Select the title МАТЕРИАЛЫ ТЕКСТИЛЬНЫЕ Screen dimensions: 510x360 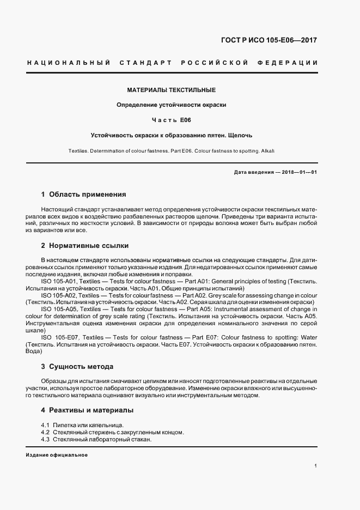(172, 89)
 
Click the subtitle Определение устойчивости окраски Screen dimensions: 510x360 (172, 104)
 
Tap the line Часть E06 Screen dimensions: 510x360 (172, 119)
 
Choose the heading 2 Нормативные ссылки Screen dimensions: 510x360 (84, 246)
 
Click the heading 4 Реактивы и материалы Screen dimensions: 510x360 (87, 410)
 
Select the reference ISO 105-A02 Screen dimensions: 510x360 (59, 295)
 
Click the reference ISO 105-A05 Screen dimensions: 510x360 (59, 309)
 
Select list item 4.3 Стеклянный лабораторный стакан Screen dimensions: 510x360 (96, 439)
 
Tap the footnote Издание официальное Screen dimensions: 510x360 (57, 455)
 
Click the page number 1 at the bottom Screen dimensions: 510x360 (316, 466)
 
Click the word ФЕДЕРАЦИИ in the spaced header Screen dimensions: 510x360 (292, 63)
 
